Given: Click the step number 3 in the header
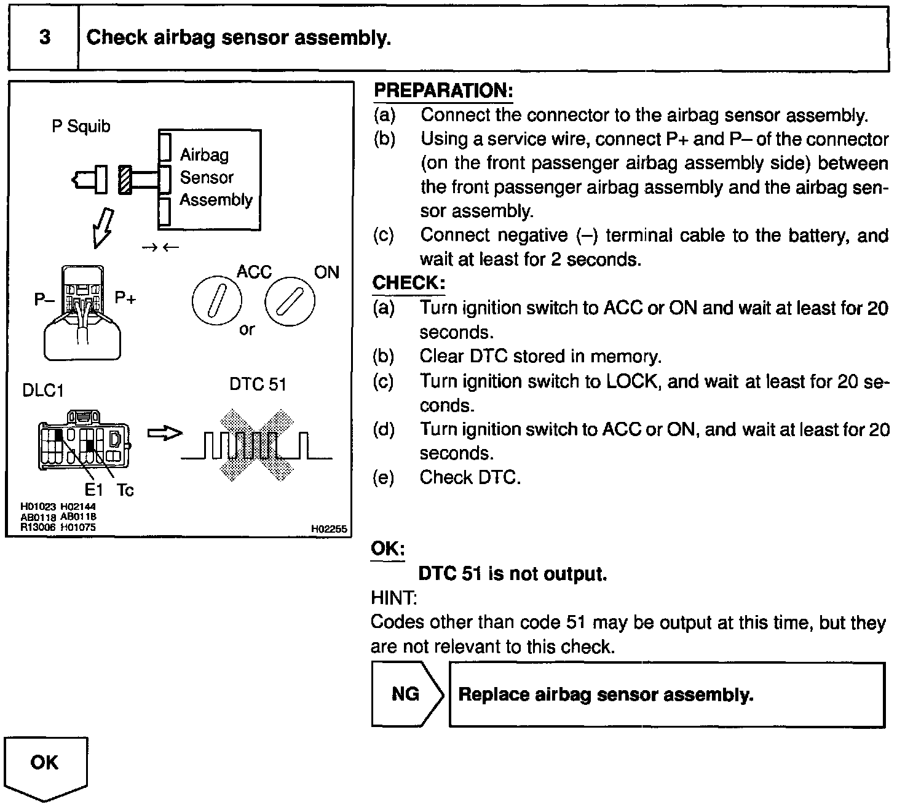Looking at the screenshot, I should (45, 38).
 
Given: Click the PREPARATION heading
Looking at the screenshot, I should (443, 90).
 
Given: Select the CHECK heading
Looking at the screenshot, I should (408, 283).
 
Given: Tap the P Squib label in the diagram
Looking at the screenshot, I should (81, 126).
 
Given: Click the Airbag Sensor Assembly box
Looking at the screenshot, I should (210, 179).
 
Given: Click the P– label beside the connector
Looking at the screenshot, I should (44, 300).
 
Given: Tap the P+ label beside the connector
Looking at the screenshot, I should (125, 298).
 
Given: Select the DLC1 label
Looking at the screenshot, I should (43, 391).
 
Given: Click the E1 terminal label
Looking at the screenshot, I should (94, 490).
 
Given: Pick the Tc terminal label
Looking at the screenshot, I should (125, 490).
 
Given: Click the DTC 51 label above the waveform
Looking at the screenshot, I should (258, 384).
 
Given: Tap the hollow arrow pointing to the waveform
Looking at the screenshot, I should (165, 434).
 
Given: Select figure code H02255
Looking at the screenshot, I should (329, 529).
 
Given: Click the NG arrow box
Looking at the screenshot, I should (406, 694).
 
